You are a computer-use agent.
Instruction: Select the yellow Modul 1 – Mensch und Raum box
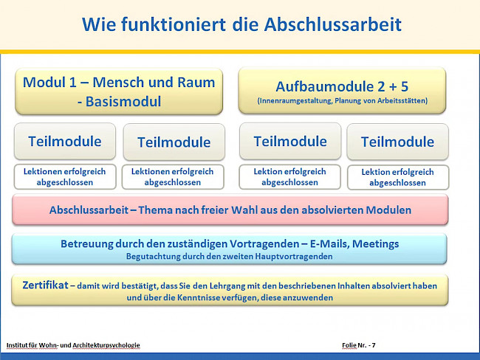(x=119, y=91)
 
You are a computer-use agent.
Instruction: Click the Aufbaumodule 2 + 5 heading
(x=342, y=86)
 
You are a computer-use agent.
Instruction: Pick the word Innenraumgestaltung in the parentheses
(x=295, y=100)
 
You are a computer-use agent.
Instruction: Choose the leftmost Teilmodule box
(x=65, y=141)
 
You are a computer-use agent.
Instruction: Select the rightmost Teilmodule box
(x=397, y=142)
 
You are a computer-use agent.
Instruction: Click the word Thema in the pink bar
(x=171, y=210)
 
